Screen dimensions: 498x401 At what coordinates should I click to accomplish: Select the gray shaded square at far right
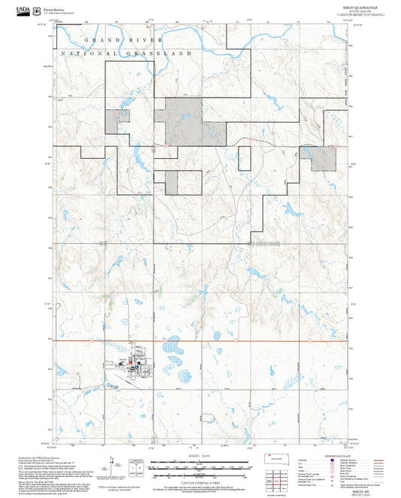(x=324, y=158)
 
